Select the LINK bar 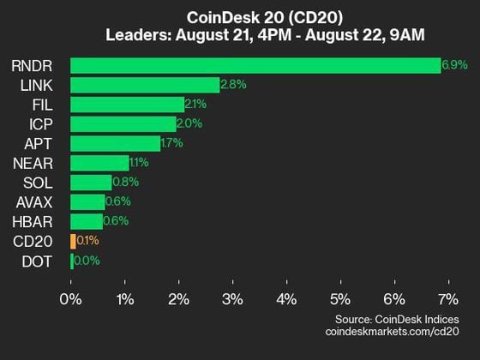pos(145,85)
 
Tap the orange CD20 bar pos(73,241)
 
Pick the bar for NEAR pos(99,163)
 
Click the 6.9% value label pos(452,65)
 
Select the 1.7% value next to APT pos(171,143)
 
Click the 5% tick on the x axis pos(339,299)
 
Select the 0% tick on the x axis pos(70,299)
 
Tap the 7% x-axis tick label pos(447,299)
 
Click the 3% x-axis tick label pos(231,299)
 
